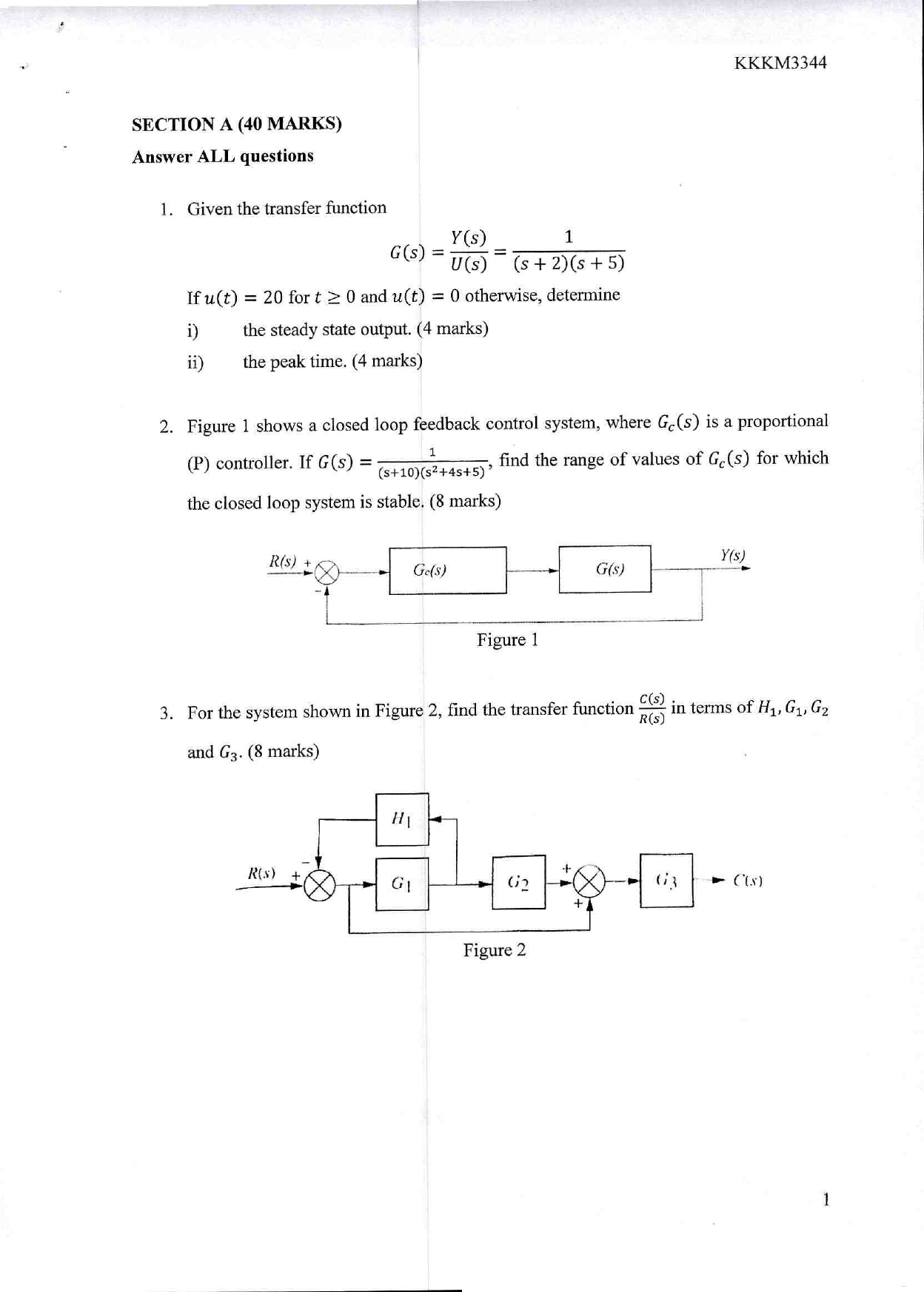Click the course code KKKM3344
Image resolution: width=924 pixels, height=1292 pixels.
[780, 63]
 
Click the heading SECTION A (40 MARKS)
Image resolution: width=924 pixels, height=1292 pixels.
[236, 124]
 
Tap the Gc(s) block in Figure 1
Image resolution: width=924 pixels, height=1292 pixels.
[447, 571]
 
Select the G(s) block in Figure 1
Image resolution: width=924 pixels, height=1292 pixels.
[604, 569]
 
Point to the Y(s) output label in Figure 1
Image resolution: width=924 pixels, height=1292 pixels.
[732, 555]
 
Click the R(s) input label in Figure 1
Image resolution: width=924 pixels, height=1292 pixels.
[282, 561]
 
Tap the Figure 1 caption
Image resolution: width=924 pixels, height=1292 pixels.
[506, 639]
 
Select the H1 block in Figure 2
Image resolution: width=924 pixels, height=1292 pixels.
[401, 819]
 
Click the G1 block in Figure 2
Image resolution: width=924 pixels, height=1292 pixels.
[401, 884]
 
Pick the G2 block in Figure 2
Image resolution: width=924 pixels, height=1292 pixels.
[518, 882]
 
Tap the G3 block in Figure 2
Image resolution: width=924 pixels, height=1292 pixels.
[666, 881]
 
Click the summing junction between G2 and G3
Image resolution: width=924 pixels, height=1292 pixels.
[589, 881]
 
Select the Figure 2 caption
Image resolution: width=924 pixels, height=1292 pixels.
[494, 950]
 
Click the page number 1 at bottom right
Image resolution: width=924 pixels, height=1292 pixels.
[826, 1200]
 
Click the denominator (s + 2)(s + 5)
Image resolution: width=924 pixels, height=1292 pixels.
[569, 263]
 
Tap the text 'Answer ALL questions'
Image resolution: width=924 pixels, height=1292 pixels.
[222, 156]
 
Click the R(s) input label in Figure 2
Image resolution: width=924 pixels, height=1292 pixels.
[261, 872]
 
